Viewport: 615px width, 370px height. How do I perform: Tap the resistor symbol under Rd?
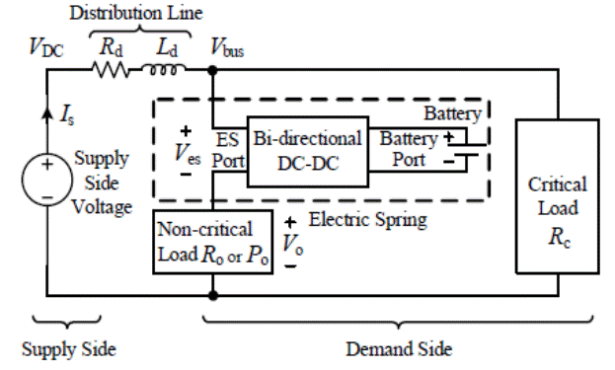point(111,70)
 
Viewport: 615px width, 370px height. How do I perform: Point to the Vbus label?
point(230,45)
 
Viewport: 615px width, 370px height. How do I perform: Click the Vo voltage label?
point(294,243)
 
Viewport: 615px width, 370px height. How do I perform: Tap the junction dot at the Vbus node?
point(213,70)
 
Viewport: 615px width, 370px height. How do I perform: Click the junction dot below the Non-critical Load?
point(213,294)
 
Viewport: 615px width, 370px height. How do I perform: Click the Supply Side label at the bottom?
point(68,349)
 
